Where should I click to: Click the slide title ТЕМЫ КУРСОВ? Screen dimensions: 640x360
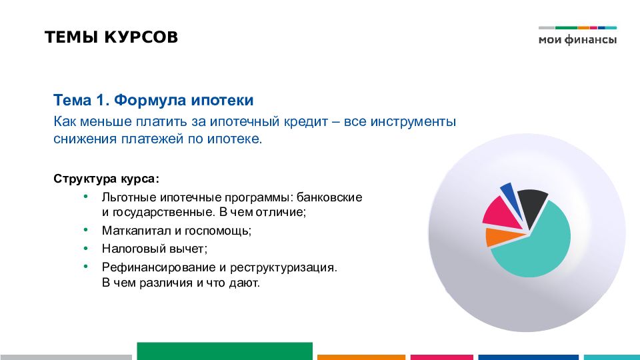point(111,37)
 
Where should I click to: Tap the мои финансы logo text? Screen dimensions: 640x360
point(577,39)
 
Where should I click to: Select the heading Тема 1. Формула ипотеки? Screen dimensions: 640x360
point(153,100)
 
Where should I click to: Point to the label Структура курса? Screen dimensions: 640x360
point(106,179)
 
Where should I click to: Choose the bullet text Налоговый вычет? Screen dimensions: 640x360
point(155,249)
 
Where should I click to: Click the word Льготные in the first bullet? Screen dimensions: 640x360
point(129,197)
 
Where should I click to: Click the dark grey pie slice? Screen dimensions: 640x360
point(532,207)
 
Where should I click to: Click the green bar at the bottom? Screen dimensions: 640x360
point(225,351)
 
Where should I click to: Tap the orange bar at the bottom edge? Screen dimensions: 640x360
point(361,357)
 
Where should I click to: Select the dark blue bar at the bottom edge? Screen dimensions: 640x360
point(528,357)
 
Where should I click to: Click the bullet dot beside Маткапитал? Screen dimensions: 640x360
point(86,230)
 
